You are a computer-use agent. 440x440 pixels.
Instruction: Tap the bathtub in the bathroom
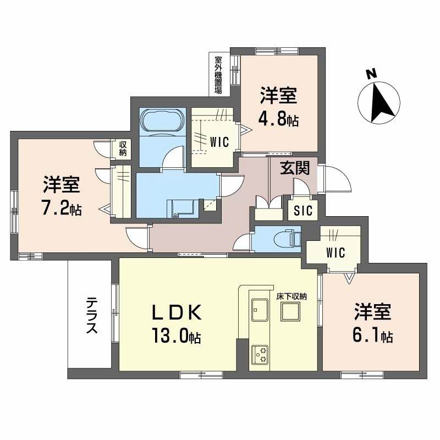click(162, 120)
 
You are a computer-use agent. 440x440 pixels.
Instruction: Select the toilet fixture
click(286, 238)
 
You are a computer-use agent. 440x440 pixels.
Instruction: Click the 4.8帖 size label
click(279, 119)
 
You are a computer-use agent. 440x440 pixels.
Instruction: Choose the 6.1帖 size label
click(372, 334)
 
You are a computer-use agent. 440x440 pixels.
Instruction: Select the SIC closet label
click(303, 210)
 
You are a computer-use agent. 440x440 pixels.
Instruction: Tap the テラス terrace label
click(92, 316)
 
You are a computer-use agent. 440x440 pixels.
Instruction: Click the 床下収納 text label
click(291, 296)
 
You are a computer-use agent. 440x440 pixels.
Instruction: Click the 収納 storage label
click(122, 149)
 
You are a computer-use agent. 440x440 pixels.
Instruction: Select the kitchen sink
click(258, 310)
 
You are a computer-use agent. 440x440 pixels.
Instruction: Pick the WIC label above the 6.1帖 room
click(334, 253)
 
